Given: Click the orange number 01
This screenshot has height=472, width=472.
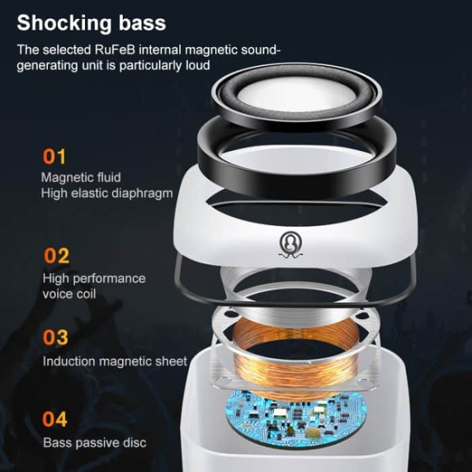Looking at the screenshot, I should [55, 157].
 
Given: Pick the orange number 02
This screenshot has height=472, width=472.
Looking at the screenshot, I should [56, 256].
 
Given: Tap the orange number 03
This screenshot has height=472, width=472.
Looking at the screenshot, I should [55, 337].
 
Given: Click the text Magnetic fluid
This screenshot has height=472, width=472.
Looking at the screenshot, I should [81, 177].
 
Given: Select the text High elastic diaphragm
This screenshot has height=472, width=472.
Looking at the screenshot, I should [107, 193].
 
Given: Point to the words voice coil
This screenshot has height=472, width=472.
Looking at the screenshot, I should [69, 294].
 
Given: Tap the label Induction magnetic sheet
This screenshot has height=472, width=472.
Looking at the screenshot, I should [115, 361].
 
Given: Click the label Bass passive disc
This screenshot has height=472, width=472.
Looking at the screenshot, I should [94, 443].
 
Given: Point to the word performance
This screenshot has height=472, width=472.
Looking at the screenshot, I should [109, 278].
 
